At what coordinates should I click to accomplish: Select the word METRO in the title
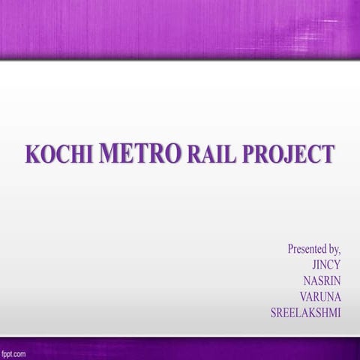tap(139, 154)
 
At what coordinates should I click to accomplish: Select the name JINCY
tap(326, 264)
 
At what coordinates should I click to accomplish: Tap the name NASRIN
tap(322, 280)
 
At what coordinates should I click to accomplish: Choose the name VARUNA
tap(319, 297)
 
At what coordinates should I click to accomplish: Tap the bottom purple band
tap(180, 348)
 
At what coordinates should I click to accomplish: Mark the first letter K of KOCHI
tap(32, 154)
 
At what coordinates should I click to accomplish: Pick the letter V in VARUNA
tap(304, 297)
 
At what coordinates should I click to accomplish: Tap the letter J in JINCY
tap(314, 264)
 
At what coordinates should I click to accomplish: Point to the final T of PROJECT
tap(327, 154)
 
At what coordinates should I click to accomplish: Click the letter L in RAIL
tap(228, 154)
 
